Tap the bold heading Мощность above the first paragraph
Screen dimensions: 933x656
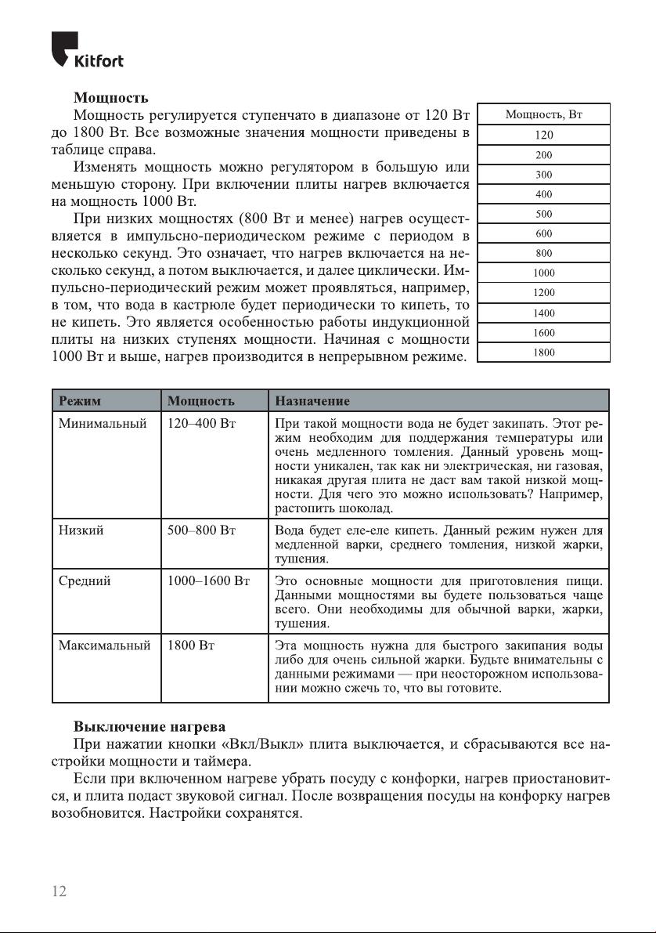(x=110, y=98)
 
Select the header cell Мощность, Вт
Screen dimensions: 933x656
(x=544, y=115)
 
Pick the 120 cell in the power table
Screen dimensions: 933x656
(x=544, y=135)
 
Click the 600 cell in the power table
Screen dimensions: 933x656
(x=544, y=233)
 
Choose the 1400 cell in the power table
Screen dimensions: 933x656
(x=544, y=313)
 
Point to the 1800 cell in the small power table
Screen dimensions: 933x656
(x=544, y=353)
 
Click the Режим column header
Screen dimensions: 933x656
(x=81, y=401)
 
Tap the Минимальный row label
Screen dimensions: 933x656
(x=103, y=424)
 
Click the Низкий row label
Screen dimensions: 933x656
(x=83, y=530)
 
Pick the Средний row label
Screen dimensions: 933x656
(x=85, y=580)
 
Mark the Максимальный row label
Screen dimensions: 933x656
(x=105, y=646)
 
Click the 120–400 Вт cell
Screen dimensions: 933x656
(x=202, y=424)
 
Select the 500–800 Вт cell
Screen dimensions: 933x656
(x=202, y=530)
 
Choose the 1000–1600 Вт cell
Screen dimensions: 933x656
(x=208, y=580)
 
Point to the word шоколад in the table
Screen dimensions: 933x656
(x=359, y=508)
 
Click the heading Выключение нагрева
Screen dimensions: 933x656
(x=150, y=726)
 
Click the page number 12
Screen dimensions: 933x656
(x=59, y=891)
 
